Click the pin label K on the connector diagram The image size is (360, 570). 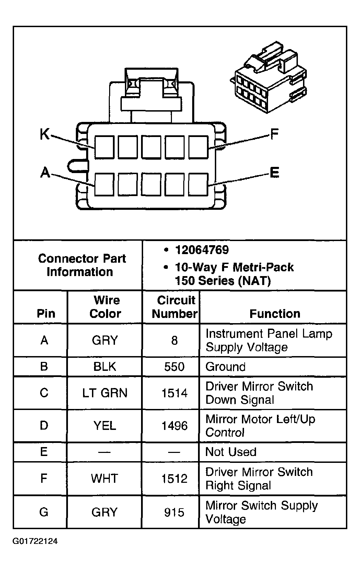45,134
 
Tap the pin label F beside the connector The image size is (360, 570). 274,134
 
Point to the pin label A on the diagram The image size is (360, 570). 45,172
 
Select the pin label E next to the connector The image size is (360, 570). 274,172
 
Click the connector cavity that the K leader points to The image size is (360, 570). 104,147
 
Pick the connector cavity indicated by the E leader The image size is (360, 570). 198,184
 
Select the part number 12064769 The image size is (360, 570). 202,250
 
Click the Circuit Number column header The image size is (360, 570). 175,307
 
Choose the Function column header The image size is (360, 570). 275,313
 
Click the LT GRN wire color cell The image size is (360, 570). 105,392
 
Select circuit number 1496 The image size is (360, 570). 174,426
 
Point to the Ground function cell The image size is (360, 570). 225,367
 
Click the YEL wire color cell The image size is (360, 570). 105,426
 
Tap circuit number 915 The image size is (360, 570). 174,512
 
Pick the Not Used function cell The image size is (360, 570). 231,452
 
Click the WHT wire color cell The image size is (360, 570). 105,478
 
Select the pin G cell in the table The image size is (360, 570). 44,512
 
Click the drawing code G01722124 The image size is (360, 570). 35,542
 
